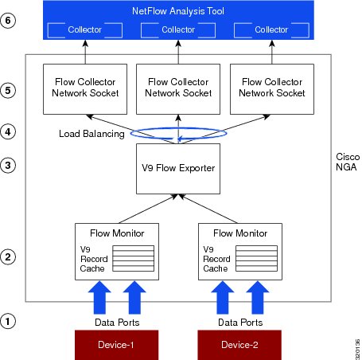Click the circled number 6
[x=8, y=21]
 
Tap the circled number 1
[x=8, y=321]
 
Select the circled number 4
[x=8, y=131]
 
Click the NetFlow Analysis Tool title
[x=178, y=11]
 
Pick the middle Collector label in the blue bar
[x=178, y=29]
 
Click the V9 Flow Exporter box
[x=178, y=169]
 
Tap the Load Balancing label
[x=91, y=134]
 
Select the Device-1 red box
[x=116, y=345]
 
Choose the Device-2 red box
[x=239, y=345]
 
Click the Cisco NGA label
[x=348, y=162]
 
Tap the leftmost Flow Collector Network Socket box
[x=85, y=89]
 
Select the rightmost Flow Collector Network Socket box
[x=272, y=89]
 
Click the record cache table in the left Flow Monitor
[x=134, y=258]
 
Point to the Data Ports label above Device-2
[x=240, y=323]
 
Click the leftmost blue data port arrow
[x=99, y=298]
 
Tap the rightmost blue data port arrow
[x=258, y=298]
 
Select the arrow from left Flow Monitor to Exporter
[x=148, y=209]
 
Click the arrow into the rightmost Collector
[x=272, y=52]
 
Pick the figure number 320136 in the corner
[x=358, y=349]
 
